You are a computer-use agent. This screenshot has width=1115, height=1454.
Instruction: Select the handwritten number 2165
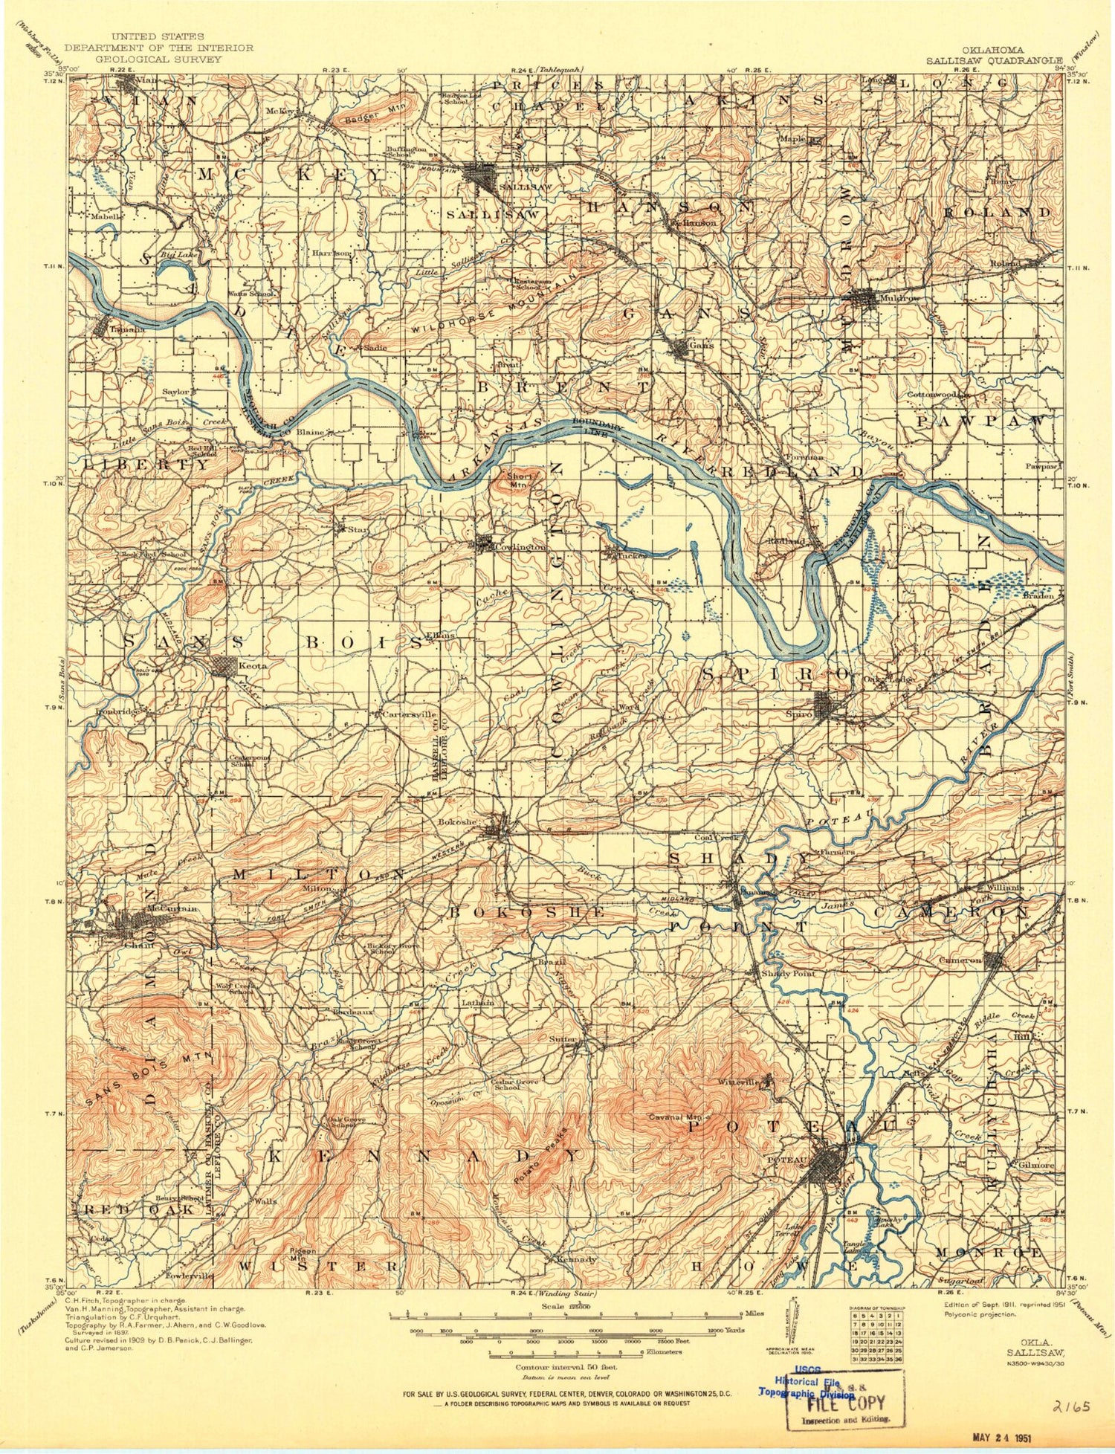[1070, 1406]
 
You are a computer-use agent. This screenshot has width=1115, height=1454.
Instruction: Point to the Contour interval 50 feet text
[566, 1366]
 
